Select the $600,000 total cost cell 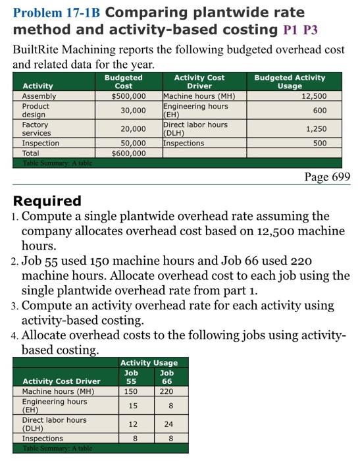[129, 153]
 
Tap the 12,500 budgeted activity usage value [313, 95]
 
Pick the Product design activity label [36, 110]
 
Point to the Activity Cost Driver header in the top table [199, 82]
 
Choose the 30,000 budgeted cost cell [133, 110]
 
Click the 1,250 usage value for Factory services [317, 129]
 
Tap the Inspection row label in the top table [41, 143]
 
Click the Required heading [47, 200]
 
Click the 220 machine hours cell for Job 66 [167, 391]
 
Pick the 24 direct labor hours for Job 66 [167, 424]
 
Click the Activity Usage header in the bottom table [149, 362]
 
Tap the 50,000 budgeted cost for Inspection [133, 143]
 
